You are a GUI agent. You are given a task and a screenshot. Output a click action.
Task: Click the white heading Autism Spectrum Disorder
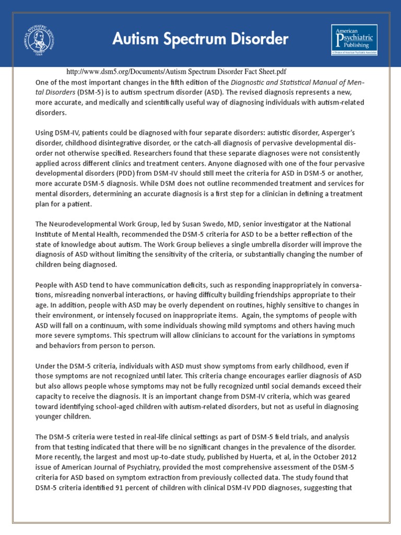[200, 38]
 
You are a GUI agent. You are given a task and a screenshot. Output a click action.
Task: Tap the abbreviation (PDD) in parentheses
[134, 173]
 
